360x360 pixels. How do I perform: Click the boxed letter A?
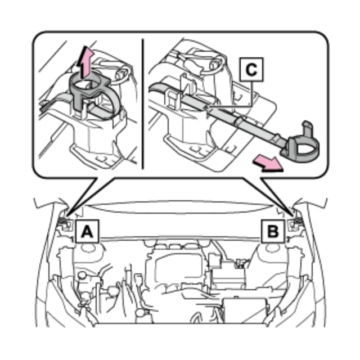pos(87,231)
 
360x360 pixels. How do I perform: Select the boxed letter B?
pos(273,231)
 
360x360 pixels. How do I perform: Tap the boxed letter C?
pos(251,70)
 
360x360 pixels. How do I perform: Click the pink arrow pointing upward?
pos(85,62)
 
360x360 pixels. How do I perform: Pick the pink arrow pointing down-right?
pos(268,163)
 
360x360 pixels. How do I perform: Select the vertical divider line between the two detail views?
pos(143,104)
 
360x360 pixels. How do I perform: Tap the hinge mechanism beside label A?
pos(65,223)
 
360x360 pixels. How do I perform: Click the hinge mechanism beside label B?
pos(295,223)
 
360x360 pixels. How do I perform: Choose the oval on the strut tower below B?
pos(272,248)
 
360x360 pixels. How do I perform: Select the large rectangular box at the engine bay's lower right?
pos(245,310)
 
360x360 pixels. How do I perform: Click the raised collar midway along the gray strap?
pos(240,121)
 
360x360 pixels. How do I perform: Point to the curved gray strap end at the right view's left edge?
pos(159,88)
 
